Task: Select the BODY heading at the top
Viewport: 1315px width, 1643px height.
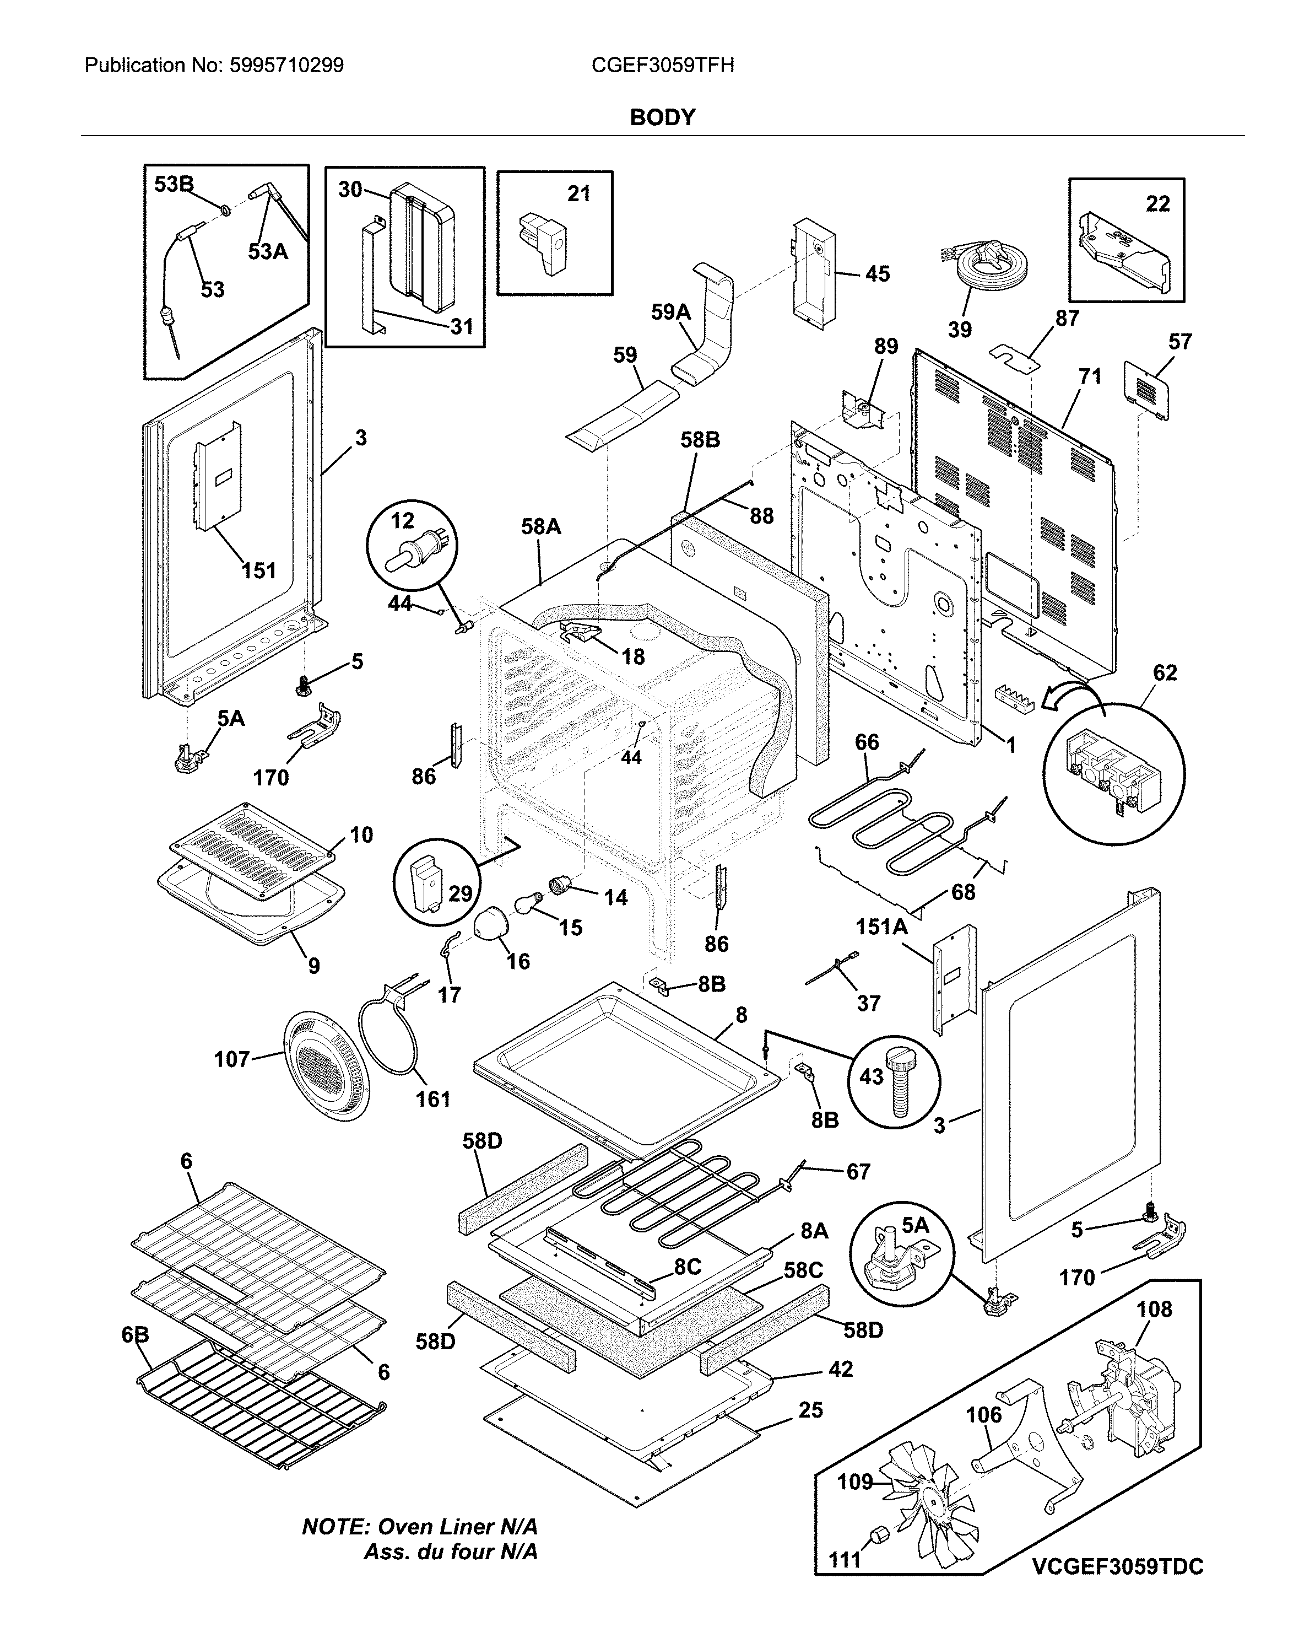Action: tap(662, 117)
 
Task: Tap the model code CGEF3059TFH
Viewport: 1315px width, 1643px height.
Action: tap(662, 66)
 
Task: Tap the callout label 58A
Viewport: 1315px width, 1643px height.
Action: tap(541, 526)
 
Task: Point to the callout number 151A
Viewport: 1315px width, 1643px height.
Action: tap(881, 926)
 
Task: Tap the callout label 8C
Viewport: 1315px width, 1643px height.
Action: tap(686, 1267)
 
